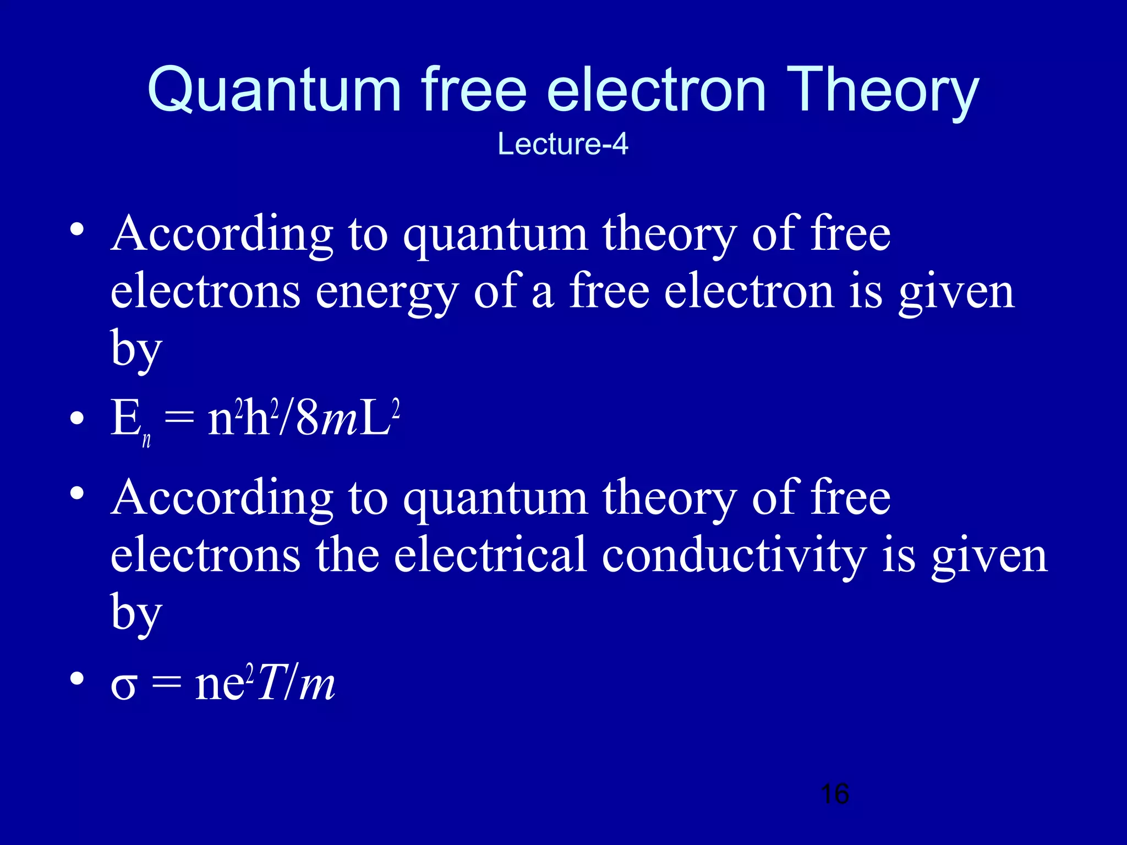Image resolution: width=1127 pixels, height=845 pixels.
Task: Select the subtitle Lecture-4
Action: (562, 144)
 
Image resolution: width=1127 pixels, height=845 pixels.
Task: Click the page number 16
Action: (834, 794)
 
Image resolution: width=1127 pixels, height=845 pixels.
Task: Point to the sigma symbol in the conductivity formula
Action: (123, 687)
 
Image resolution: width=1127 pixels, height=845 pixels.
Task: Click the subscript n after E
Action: (146, 440)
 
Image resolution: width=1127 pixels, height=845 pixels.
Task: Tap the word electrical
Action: (490, 556)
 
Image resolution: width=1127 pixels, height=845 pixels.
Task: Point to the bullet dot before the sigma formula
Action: (77, 679)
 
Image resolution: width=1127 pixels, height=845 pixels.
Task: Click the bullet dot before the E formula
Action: (77, 419)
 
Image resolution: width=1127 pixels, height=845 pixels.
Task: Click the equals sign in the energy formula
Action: (179, 419)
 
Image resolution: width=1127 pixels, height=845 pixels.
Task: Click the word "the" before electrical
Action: (347, 556)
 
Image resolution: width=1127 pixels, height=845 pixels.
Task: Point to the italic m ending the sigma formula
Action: (317, 686)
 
